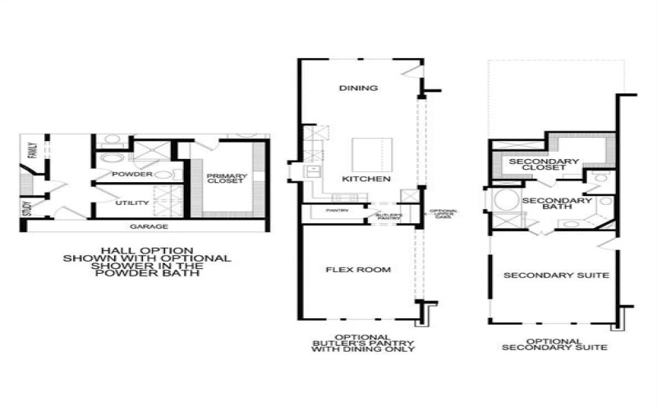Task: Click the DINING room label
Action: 358,88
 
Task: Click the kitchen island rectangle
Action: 372,154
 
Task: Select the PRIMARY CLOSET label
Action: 225,179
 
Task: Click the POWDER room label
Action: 132,175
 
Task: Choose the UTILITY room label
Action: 131,203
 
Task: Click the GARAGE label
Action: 149,226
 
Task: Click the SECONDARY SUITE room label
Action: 556,276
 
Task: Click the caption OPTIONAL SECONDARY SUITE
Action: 555,344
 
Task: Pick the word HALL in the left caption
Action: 113,250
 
